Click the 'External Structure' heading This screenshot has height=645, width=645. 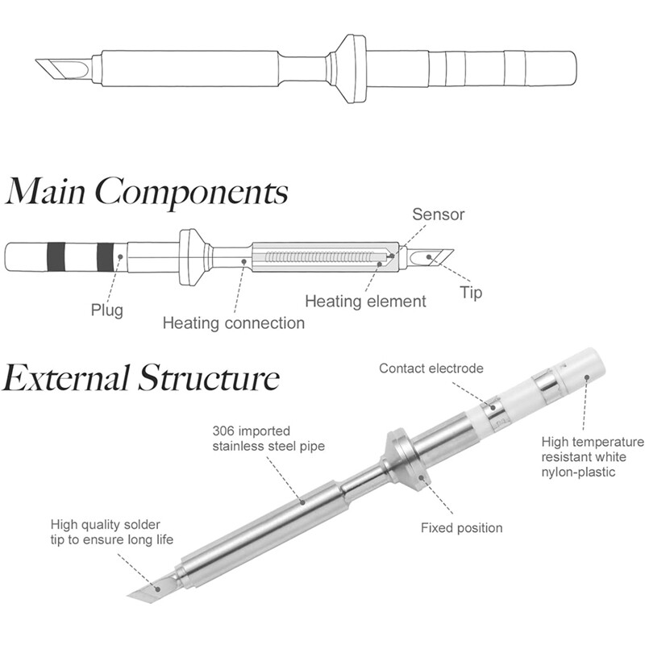click(141, 377)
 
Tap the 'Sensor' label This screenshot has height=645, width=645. click(438, 214)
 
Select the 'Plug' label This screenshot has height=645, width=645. click(107, 310)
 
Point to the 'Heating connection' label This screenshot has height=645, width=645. click(234, 323)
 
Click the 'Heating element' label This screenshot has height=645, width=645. click(365, 301)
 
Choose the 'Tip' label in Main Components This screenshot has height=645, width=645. click(471, 293)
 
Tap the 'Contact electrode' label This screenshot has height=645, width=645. click(431, 368)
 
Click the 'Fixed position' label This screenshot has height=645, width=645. click(461, 528)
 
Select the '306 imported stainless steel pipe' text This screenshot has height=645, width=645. click(268, 439)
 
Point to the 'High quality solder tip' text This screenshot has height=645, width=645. click(112, 532)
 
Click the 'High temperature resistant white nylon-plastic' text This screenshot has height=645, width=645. click(593, 456)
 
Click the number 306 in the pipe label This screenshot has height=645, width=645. click(223, 431)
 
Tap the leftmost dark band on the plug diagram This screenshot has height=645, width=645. click(56, 257)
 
